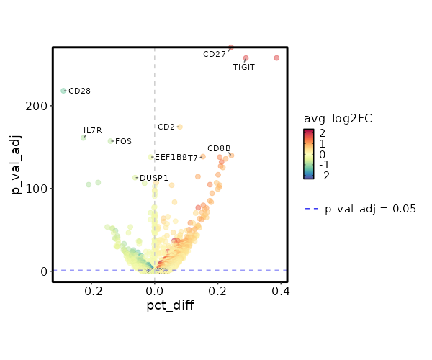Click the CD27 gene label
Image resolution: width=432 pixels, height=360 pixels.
click(214, 54)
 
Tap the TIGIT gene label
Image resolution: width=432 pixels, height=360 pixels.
click(244, 67)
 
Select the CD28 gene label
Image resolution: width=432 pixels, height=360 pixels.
click(79, 91)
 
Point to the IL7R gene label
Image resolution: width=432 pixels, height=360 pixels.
click(93, 130)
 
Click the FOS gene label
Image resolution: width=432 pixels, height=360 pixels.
click(123, 141)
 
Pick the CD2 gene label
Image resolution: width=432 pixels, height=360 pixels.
click(166, 127)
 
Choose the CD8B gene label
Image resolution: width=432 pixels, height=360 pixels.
click(219, 148)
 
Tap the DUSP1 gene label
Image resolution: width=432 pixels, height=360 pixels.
click(154, 178)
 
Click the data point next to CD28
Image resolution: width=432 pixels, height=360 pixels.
click(63, 91)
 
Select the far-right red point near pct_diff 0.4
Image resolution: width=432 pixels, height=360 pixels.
click(276, 58)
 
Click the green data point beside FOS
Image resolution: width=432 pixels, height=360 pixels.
click(110, 141)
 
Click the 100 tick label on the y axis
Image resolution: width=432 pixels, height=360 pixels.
click(39, 189)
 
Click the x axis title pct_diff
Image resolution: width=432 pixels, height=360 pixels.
click(170, 305)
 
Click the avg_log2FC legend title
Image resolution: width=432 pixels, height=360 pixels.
click(338, 118)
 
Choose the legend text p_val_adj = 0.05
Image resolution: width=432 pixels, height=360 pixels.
click(370, 209)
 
